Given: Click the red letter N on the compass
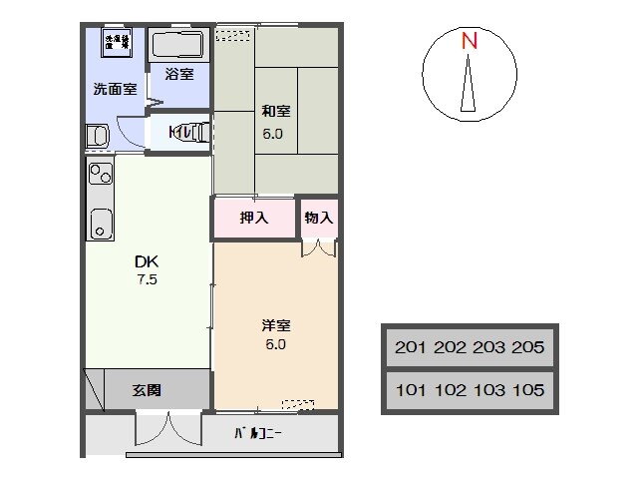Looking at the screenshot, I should pyautogui.click(x=469, y=41).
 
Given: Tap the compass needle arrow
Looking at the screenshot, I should pyautogui.click(x=469, y=85).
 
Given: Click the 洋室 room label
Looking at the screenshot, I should pyautogui.click(x=275, y=326).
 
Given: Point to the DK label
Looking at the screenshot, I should pyautogui.click(x=147, y=261).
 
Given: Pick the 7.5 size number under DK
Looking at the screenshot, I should pyautogui.click(x=147, y=279).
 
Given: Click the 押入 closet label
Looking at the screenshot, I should pyautogui.click(x=255, y=218).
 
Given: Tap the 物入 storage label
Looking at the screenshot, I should pyautogui.click(x=318, y=218).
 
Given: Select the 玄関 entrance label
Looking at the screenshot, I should pyautogui.click(x=148, y=389).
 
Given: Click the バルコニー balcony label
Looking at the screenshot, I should pyautogui.click(x=258, y=434).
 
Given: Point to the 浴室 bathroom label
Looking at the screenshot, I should pyautogui.click(x=179, y=73).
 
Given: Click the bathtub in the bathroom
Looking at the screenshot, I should pyautogui.click(x=177, y=44).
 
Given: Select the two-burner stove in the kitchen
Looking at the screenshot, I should pyautogui.click(x=100, y=176).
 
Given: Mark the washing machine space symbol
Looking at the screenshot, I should pyautogui.click(x=117, y=43).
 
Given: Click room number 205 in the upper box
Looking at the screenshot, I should pyautogui.click(x=524, y=347).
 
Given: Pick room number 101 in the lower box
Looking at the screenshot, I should pyautogui.click(x=413, y=390).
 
